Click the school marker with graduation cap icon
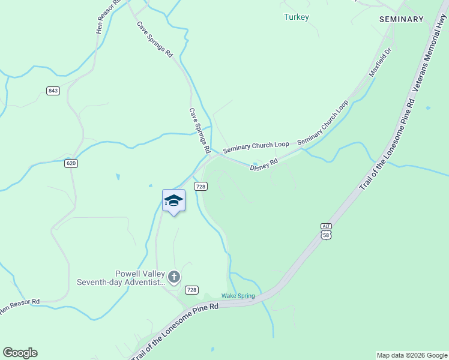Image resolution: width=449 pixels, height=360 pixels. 173,201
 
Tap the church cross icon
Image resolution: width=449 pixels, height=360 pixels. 174,277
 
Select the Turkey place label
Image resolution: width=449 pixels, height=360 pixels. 296,17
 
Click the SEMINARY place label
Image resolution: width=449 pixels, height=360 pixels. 402,19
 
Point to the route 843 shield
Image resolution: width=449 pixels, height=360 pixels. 53,91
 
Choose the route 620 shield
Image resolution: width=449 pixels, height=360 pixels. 71,163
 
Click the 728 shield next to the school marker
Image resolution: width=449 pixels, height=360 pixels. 200,187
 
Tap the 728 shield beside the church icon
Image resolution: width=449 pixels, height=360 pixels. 191,290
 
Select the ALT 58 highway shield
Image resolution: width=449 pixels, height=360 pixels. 326,231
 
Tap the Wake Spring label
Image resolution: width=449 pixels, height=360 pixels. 238,296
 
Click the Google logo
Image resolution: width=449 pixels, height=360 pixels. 20,353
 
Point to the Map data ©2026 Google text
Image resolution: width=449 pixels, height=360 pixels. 411,355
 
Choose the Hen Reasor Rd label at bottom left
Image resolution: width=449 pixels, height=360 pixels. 19,306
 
